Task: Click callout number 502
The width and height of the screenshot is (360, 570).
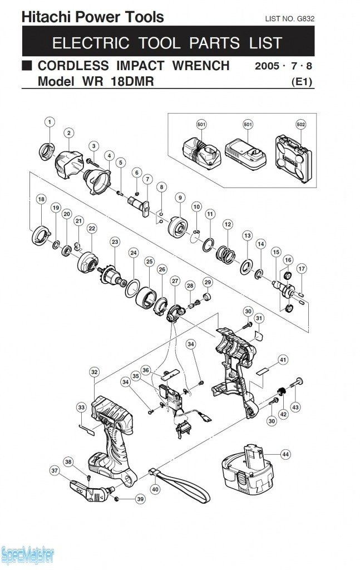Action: click(301, 124)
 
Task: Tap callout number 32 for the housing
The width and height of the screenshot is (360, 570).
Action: click(94, 372)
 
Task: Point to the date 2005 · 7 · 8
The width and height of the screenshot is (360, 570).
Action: click(284, 66)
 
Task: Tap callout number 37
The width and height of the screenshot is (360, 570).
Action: click(55, 470)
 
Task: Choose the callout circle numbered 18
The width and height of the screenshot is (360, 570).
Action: click(41, 199)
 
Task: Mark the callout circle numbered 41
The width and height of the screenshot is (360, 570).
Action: click(283, 360)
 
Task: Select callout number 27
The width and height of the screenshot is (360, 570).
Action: click(175, 282)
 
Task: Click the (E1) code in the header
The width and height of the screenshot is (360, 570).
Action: click(303, 82)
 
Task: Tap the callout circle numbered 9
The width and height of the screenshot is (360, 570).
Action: click(180, 197)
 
